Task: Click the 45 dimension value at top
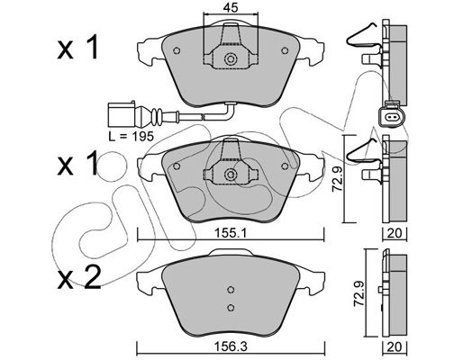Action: [231, 7]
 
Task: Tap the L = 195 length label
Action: [132, 136]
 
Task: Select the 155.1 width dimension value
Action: [231, 233]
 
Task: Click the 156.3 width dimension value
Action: [231, 347]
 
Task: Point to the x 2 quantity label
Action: [79, 278]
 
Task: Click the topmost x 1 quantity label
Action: [77, 47]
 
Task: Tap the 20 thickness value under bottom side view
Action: [395, 347]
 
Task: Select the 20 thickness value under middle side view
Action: [395, 233]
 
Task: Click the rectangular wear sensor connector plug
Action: [121, 114]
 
